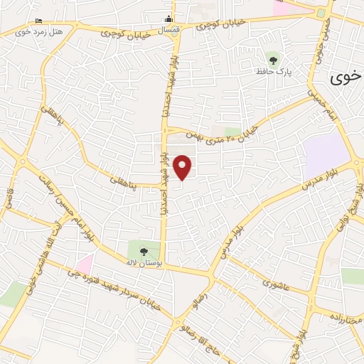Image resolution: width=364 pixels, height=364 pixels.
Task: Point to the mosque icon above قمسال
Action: pyautogui.click(x=168, y=19)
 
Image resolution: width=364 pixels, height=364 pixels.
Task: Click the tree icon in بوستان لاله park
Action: pyautogui.click(x=143, y=250)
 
